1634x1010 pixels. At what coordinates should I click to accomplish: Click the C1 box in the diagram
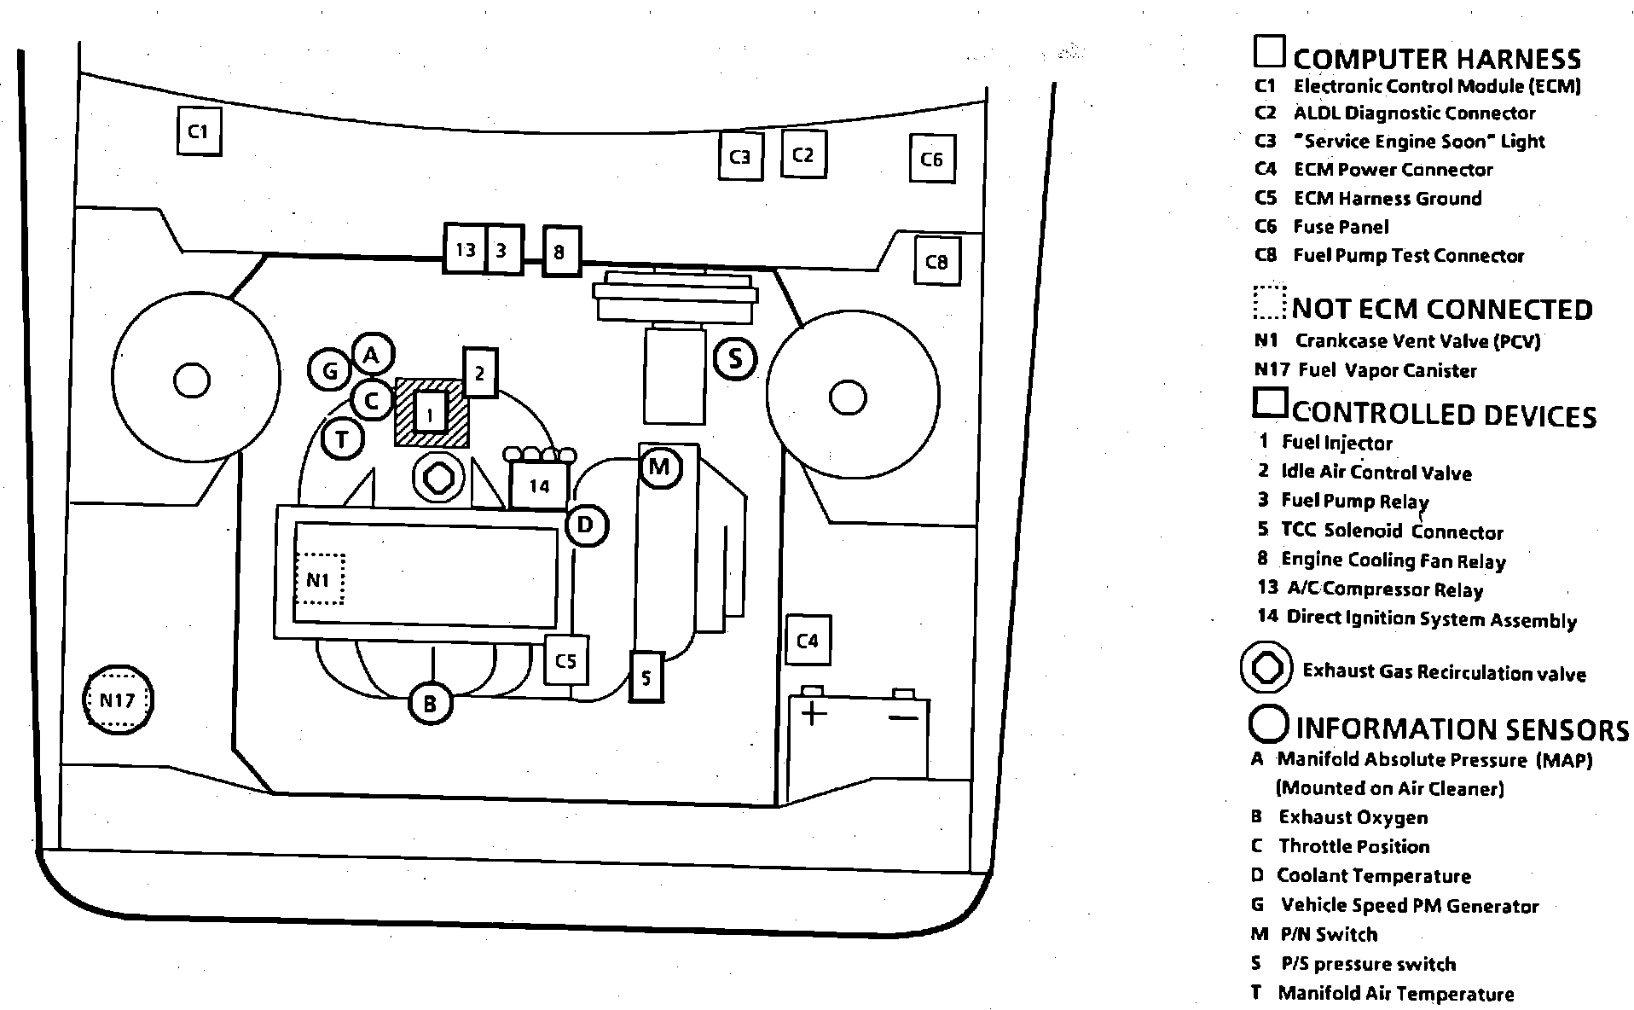pyautogui.click(x=199, y=131)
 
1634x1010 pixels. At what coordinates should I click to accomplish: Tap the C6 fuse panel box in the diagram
pyautogui.click(x=931, y=159)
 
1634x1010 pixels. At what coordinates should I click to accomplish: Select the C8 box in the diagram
pyautogui.click(x=936, y=261)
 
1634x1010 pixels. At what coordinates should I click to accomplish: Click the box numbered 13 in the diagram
pyautogui.click(x=465, y=250)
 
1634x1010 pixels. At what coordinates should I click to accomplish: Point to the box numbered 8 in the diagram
pyautogui.click(x=560, y=252)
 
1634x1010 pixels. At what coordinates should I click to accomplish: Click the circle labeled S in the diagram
pyautogui.click(x=735, y=359)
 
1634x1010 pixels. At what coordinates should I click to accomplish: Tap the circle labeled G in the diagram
pyautogui.click(x=330, y=370)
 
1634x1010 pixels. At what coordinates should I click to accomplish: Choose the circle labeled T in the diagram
pyautogui.click(x=343, y=439)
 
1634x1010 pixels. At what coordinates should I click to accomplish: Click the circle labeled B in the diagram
pyautogui.click(x=430, y=704)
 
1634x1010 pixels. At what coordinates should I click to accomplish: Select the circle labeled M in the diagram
pyautogui.click(x=659, y=467)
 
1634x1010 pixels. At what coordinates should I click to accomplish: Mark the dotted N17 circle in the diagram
pyautogui.click(x=118, y=700)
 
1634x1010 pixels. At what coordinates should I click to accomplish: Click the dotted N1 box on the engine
pyautogui.click(x=319, y=580)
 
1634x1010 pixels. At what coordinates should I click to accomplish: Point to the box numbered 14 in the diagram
pyautogui.click(x=539, y=486)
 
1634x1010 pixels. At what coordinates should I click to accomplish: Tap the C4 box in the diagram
pyautogui.click(x=807, y=640)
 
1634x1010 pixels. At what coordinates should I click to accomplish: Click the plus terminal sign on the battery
pyautogui.click(x=814, y=713)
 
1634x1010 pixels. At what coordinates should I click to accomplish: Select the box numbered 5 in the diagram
pyautogui.click(x=646, y=677)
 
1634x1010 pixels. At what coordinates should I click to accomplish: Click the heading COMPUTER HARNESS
pyautogui.click(x=1437, y=59)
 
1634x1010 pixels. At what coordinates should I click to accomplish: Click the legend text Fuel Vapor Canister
pyautogui.click(x=1387, y=370)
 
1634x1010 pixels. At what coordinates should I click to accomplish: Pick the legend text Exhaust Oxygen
pyautogui.click(x=1353, y=817)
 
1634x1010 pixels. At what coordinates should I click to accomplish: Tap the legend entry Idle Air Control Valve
pyautogui.click(x=1376, y=472)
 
